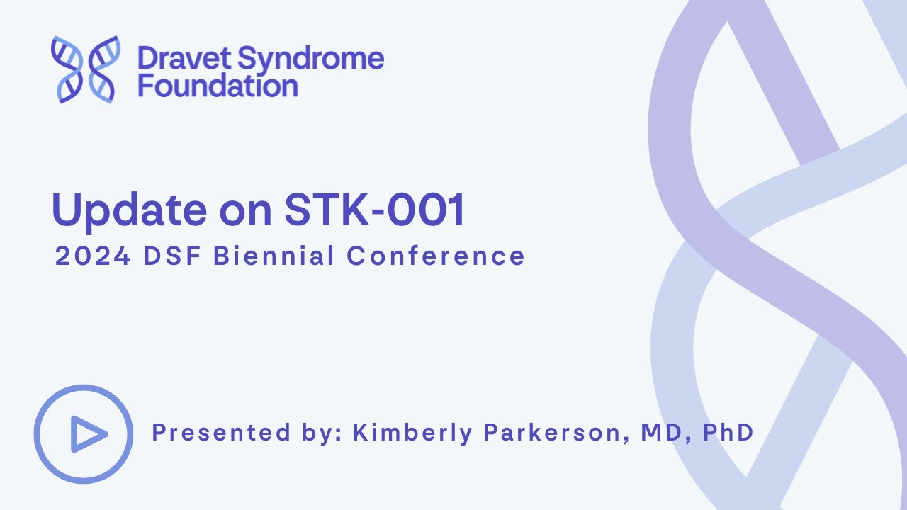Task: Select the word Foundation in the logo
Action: point(218,86)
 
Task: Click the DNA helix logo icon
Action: point(85,69)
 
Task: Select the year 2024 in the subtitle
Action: point(93,256)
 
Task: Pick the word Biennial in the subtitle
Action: point(274,256)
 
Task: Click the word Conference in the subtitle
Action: point(435,256)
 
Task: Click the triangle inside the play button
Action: point(87,434)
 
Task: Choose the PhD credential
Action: point(728,432)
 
